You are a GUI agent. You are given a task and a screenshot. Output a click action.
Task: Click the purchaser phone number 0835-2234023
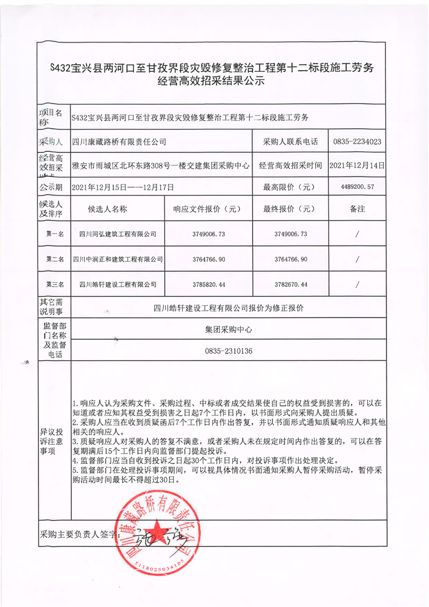point(357,142)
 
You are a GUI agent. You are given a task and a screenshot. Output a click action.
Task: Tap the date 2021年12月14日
point(357,166)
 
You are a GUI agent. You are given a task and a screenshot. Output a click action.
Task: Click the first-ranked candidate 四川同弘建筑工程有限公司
point(118,234)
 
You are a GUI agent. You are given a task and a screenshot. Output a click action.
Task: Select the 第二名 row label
point(55,259)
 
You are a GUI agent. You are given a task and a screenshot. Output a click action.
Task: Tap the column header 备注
point(357,209)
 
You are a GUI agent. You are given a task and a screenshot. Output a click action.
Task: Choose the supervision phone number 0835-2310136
point(228,351)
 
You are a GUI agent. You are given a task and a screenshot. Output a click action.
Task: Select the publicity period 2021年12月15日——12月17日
point(123,187)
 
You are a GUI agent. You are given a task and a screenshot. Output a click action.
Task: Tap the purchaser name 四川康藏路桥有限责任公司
point(119,142)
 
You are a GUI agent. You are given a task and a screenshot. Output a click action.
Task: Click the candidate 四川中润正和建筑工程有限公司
point(118,259)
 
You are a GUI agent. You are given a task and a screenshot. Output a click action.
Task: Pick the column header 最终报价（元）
point(290,209)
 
